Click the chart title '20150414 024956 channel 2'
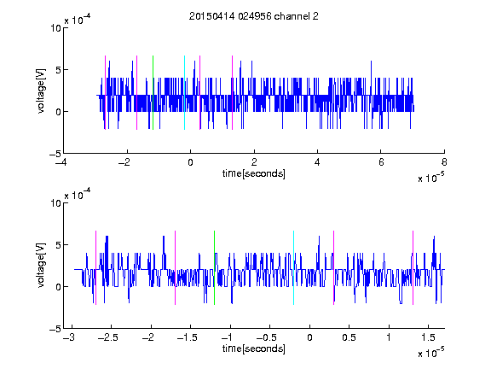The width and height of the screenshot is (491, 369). click(x=254, y=16)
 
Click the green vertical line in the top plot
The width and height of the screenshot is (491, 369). click(x=153, y=92)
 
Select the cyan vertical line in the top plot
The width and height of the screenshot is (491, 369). click(x=184, y=92)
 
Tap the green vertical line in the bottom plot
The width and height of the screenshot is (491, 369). click(x=215, y=267)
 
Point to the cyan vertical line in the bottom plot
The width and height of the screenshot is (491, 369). click(x=294, y=267)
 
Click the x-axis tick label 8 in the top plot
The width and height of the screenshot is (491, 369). click(x=444, y=162)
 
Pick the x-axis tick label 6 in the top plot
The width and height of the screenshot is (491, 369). click(x=381, y=162)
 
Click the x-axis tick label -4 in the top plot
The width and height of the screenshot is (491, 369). click(x=61, y=162)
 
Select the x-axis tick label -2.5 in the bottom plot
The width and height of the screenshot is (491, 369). click(x=107, y=337)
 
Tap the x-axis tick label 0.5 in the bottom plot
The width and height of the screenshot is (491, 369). click(x=349, y=337)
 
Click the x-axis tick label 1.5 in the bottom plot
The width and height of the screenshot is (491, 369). click(x=428, y=337)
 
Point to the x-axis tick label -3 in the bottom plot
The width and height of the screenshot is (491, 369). click(x=69, y=337)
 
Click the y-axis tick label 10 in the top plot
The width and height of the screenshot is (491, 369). click(x=55, y=28)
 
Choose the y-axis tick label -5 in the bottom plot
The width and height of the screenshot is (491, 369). click(x=55, y=329)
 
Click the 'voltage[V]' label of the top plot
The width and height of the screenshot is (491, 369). click(x=41, y=91)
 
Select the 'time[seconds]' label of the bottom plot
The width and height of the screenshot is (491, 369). click(x=254, y=348)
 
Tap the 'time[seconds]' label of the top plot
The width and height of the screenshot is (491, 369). click(x=254, y=173)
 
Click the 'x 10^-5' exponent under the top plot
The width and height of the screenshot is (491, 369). click(x=431, y=178)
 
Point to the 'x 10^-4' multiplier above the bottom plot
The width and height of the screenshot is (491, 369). click(x=78, y=195)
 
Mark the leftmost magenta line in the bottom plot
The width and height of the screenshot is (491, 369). click(x=95, y=267)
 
